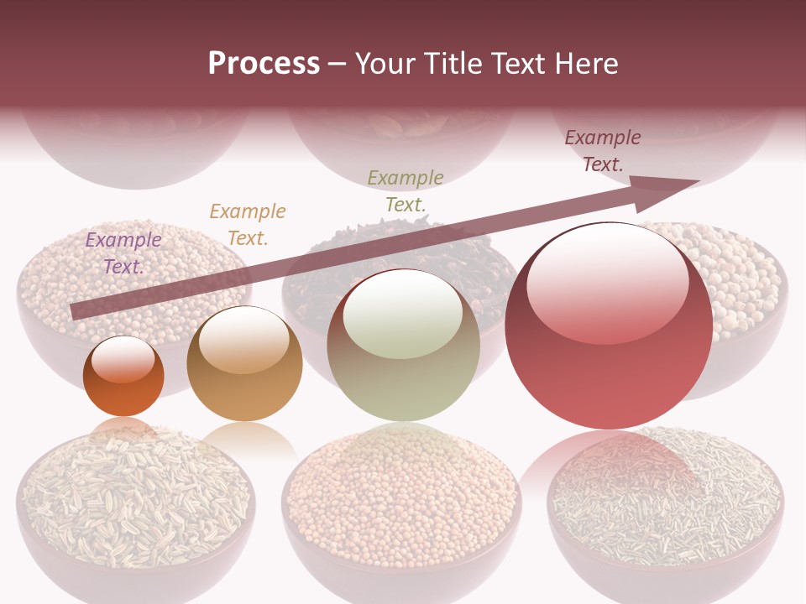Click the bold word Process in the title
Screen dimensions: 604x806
pos(264,64)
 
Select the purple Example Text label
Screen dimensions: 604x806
pos(123,253)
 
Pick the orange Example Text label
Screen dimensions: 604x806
pos(248,224)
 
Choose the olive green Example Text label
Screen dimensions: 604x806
pos(406,190)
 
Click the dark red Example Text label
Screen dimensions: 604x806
pos(603,150)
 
